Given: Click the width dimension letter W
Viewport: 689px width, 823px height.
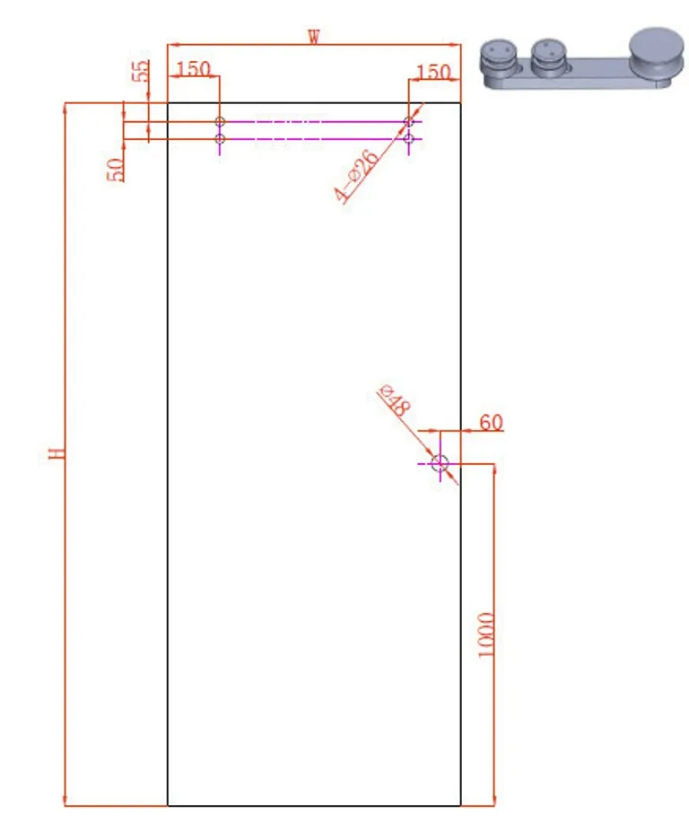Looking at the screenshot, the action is [313, 37].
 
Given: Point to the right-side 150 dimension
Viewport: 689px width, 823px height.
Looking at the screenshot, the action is [433, 71].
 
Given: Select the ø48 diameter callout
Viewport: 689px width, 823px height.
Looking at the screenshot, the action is [395, 399].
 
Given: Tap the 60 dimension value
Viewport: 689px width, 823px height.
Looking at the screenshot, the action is [490, 422].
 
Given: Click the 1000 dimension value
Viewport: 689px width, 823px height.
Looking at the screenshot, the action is [486, 635].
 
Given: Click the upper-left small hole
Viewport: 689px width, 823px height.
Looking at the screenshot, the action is [220, 121].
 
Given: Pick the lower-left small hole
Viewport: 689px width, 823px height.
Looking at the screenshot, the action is [220, 138].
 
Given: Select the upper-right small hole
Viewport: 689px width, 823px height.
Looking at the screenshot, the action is [409, 121].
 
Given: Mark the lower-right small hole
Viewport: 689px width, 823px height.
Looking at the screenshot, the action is [409, 138].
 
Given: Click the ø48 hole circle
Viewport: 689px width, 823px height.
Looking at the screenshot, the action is [440, 463].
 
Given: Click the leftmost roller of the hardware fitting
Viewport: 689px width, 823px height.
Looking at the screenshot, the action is [500, 57].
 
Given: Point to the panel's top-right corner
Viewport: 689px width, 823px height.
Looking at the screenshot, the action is [460, 102].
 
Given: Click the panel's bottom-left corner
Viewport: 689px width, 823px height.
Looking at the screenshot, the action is [168, 805].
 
